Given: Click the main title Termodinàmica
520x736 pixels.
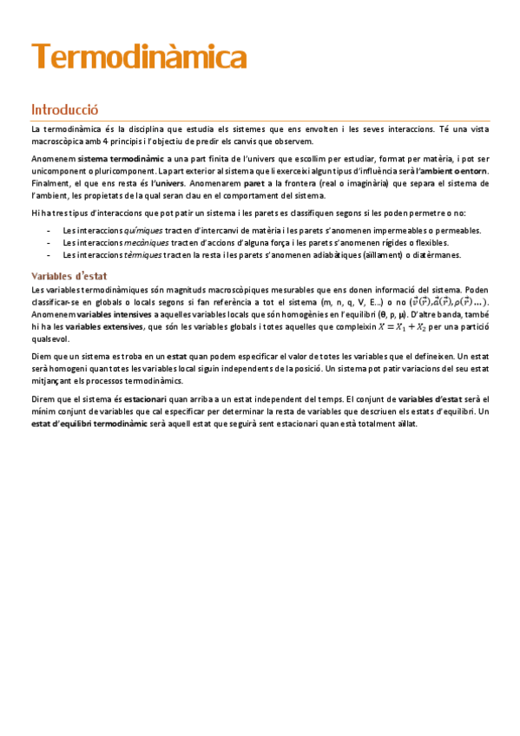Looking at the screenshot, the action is [139, 58].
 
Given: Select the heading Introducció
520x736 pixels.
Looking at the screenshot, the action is [65, 110].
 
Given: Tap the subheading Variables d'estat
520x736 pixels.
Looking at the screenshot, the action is [69, 276].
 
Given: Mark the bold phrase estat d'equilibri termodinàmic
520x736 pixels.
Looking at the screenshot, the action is [82, 424].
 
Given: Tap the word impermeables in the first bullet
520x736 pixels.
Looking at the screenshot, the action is [387, 231].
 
